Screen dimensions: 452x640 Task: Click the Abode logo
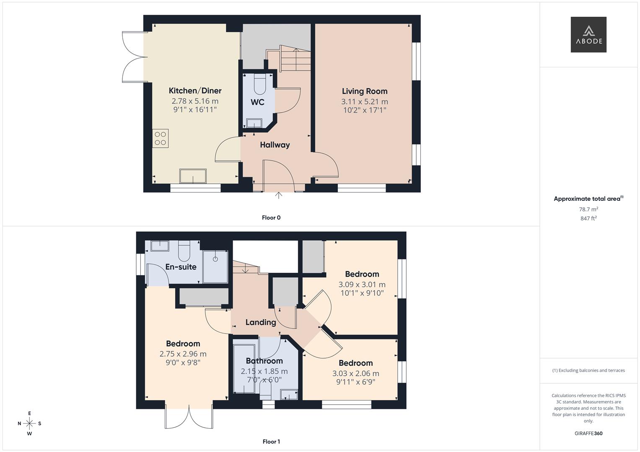click(588, 35)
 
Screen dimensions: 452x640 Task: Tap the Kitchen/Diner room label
click(195, 91)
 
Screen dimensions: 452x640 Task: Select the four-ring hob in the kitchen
click(160, 139)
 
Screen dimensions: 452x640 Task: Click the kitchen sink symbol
click(193, 176)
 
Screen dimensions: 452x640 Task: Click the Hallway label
click(275, 145)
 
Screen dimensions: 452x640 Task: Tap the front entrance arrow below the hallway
click(279, 195)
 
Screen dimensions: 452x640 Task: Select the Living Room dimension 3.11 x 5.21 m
click(364, 102)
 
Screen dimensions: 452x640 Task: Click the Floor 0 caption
click(271, 218)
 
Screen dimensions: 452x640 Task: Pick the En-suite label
click(181, 267)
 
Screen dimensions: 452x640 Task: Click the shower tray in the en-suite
click(215, 267)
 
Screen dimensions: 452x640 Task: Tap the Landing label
click(260, 322)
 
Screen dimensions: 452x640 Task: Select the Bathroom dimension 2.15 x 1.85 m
click(264, 371)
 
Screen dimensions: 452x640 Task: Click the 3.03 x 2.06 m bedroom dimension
click(355, 373)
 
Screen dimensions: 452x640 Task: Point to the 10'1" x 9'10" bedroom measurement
click(362, 293)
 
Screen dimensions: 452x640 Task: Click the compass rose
click(29, 424)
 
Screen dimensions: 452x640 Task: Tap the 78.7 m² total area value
click(588, 209)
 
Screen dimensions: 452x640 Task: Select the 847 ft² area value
click(588, 218)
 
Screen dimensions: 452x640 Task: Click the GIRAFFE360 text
click(588, 434)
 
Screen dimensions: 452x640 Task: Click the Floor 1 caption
click(271, 442)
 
